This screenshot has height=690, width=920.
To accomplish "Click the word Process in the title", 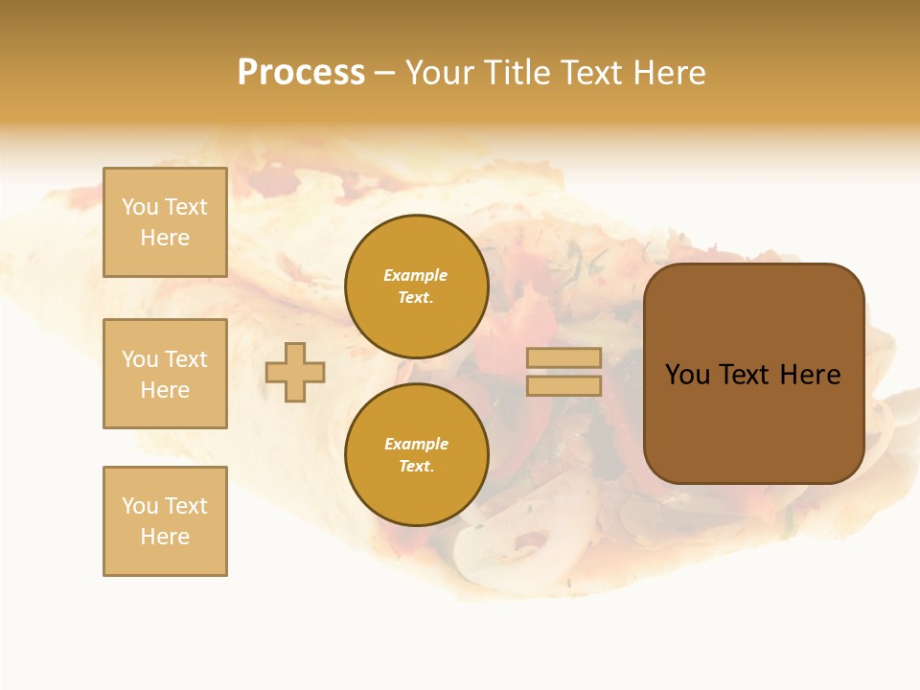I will (301, 73).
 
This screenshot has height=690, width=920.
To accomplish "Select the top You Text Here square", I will (165, 222).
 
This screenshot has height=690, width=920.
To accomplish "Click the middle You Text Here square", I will (165, 374).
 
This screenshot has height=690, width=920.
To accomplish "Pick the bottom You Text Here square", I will (165, 521).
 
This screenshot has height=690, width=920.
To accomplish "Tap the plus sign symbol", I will (295, 372).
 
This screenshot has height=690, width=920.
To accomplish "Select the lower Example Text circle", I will (416, 454).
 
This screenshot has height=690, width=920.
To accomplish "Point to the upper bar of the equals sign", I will (563, 357).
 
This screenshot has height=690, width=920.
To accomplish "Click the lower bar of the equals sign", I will (563, 385).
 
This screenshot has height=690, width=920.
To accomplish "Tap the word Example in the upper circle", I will (416, 275).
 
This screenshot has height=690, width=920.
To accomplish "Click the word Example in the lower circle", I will (416, 444).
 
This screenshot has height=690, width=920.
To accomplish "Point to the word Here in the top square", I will (165, 238).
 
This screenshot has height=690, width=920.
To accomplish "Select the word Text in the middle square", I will (186, 359).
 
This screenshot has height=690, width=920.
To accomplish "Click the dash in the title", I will (385, 73).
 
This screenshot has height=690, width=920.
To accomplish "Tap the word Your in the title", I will (438, 73).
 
